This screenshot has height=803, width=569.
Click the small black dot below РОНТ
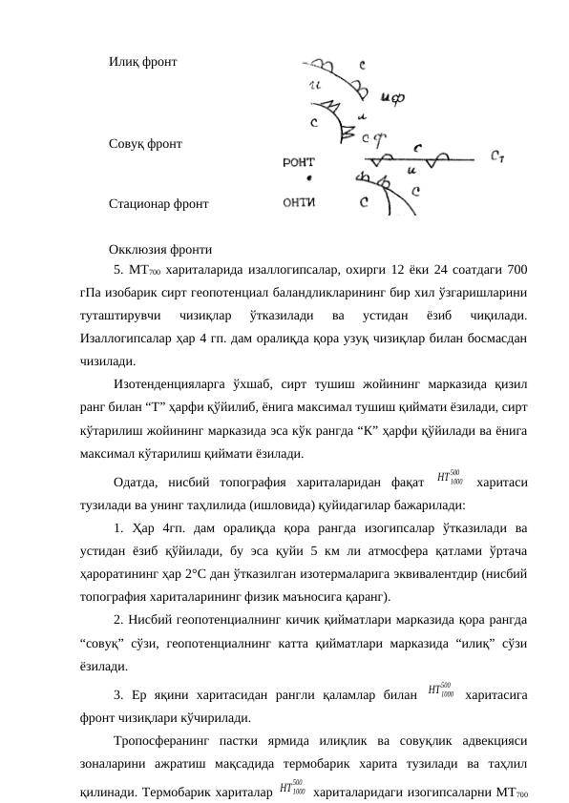click(307, 178)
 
